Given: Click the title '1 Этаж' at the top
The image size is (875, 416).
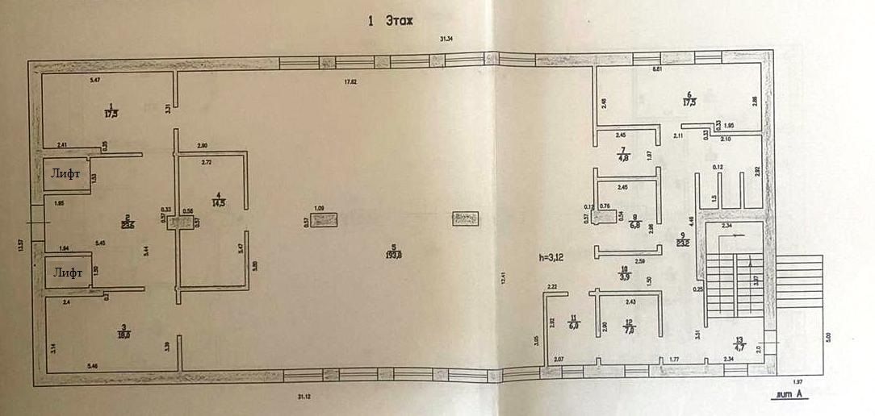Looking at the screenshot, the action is point(390,22).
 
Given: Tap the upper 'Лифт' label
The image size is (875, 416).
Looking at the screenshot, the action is point(67,172).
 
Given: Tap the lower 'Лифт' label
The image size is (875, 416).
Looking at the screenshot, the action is point(67,272).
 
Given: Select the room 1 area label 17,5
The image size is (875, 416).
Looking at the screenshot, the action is point(111,110).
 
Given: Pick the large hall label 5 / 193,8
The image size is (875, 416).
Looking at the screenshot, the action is point(392,251).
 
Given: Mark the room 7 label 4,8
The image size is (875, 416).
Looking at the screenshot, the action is point(622,155).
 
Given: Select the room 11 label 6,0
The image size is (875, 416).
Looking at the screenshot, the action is point(574,323).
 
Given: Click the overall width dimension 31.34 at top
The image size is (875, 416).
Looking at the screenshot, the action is point(446,39).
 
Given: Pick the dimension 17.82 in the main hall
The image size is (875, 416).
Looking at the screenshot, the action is point(350,81).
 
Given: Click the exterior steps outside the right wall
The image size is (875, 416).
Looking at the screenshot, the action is point(799,281).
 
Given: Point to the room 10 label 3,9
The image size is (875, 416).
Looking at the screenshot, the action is point(624,274).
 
